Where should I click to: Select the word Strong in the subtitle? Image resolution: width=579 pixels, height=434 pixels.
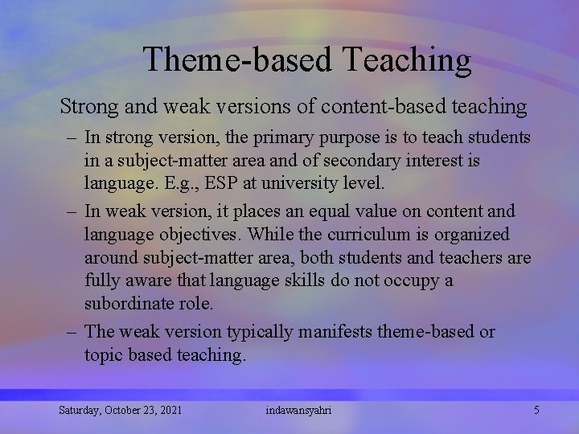point(86,106)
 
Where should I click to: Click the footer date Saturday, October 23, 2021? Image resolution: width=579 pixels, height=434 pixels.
point(120,411)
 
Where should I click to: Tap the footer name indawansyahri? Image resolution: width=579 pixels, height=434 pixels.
point(298,411)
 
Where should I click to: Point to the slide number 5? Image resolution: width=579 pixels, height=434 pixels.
point(536,411)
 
